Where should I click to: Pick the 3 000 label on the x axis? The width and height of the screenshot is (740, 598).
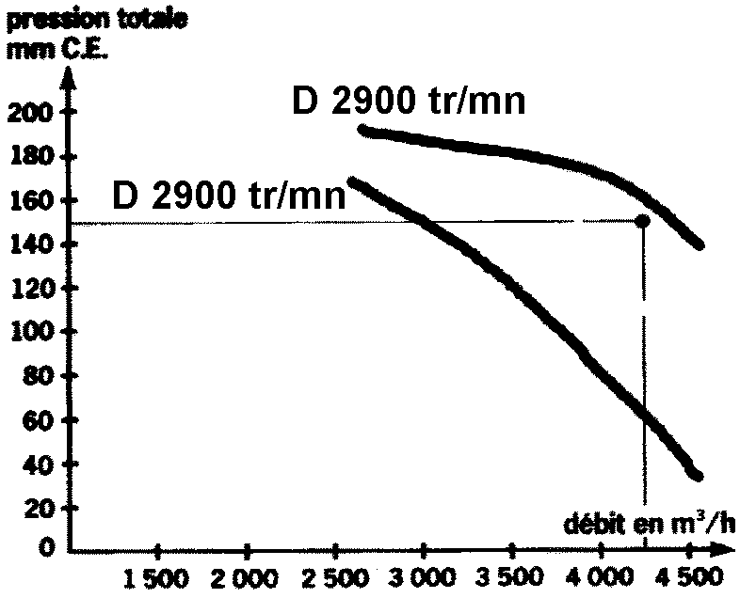423,575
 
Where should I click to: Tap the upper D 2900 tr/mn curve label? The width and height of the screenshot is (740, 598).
408,101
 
